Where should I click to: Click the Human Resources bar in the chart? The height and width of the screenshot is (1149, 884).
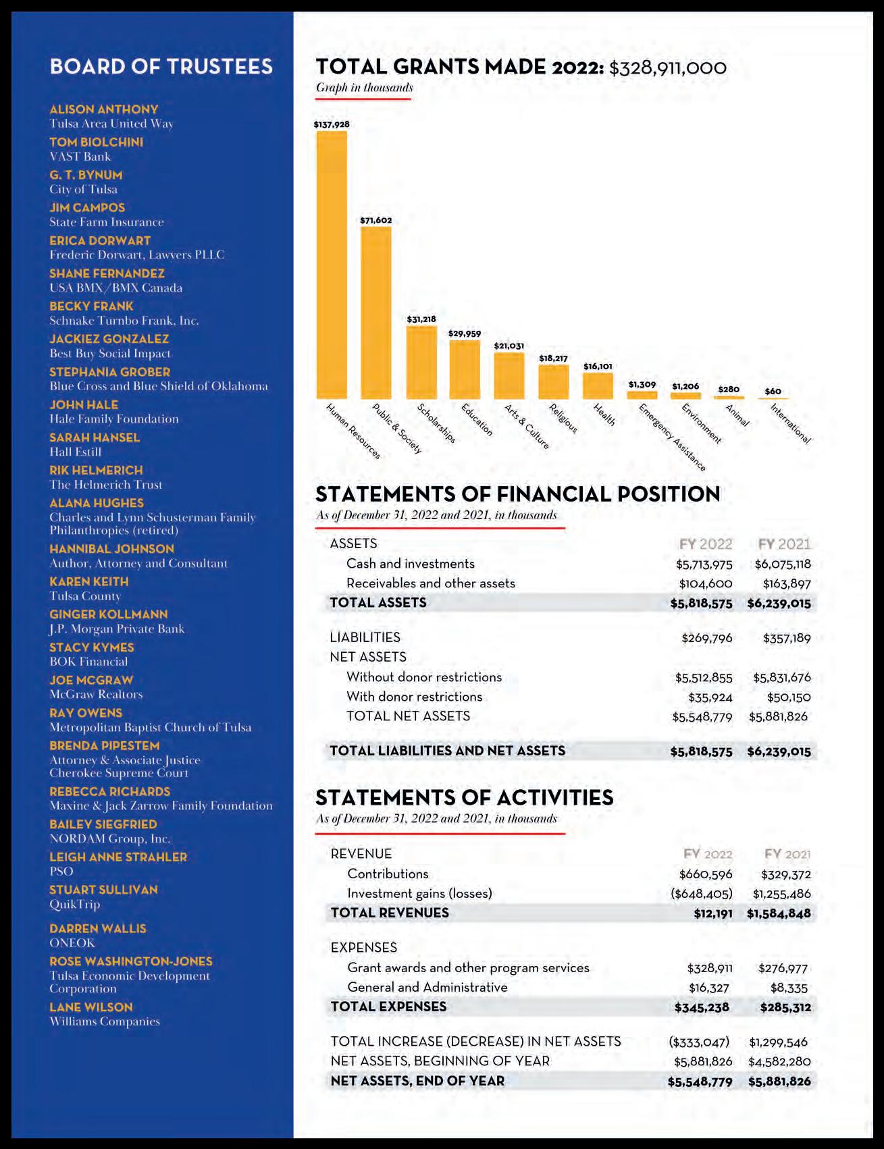(x=332, y=265)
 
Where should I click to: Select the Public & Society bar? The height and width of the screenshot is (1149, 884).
(x=376, y=313)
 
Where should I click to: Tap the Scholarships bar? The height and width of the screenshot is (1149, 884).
(x=421, y=363)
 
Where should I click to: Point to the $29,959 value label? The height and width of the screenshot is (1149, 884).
(x=465, y=333)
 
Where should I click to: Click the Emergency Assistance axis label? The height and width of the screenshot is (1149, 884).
(x=672, y=437)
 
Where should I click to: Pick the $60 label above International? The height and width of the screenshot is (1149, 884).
(x=773, y=392)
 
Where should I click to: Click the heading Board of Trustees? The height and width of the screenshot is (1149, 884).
(x=161, y=66)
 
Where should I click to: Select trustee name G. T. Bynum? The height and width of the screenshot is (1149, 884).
(x=86, y=175)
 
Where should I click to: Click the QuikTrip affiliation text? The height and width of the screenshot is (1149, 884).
(x=74, y=904)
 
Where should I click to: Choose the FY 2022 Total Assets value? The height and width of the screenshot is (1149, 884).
(x=701, y=604)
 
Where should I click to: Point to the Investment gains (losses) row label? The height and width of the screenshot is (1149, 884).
(x=419, y=893)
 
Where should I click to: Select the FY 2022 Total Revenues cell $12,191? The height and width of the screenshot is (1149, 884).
(x=713, y=913)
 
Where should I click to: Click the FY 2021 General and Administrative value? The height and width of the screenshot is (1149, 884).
(x=789, y=988)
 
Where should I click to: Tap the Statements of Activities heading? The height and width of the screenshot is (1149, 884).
(x=465, y=797)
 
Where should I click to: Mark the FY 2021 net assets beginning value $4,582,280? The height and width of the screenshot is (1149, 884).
(x=779, y=1061)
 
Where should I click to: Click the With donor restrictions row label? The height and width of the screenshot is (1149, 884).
(x=414, y=697)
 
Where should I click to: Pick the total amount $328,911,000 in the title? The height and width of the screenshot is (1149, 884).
(x=668, y=68)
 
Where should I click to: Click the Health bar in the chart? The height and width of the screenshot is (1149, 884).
(x=598, y=385)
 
